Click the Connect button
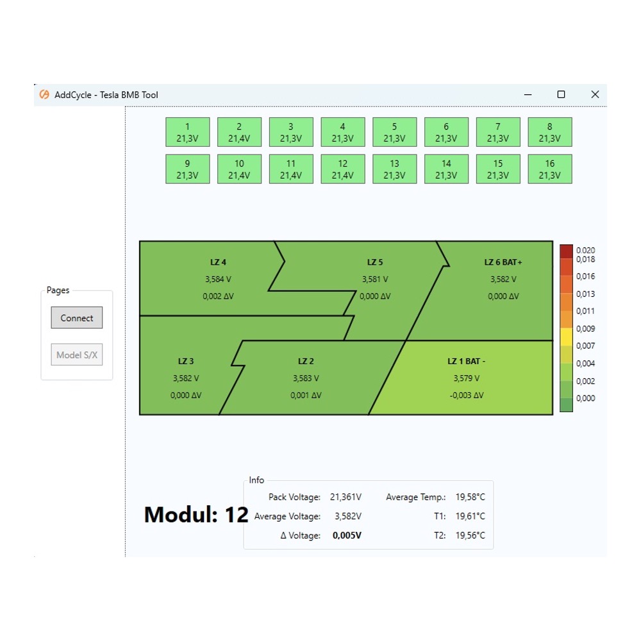click(x=77, y=318)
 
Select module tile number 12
click(x=342, y=169)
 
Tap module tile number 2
click(x=239, y=132)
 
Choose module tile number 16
click(x=550, y=169)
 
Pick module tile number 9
click(x=188, y=169)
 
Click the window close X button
click(x=595, y=94)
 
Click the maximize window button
click(x=562, y=94)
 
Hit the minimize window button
click(x=528, y=94)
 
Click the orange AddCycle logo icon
click(x=44, y=94)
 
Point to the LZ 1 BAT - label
click(x=467, y=362)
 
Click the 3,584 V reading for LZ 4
click(x=218, y=279)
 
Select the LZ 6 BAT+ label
click(x=503, y=262)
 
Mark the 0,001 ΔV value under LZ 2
click(x=306, y=395)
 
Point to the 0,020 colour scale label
click(x=585, y=250)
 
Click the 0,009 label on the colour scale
click(x=585, y=329)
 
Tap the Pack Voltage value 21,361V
click(x=346, y=497)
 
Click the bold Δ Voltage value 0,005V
click(x=347, y=535)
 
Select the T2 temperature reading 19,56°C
click(x=470, y=535)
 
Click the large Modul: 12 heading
click(x=196, y=515)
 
